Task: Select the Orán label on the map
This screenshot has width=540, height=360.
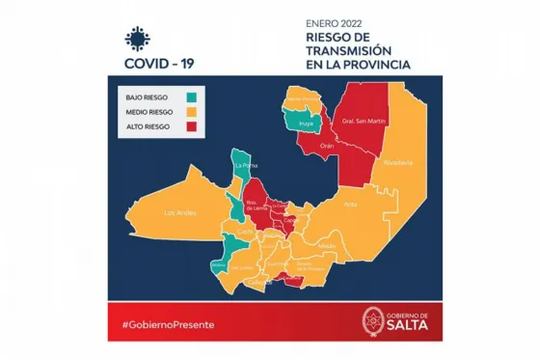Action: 327,146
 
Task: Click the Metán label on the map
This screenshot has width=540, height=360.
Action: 327,245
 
